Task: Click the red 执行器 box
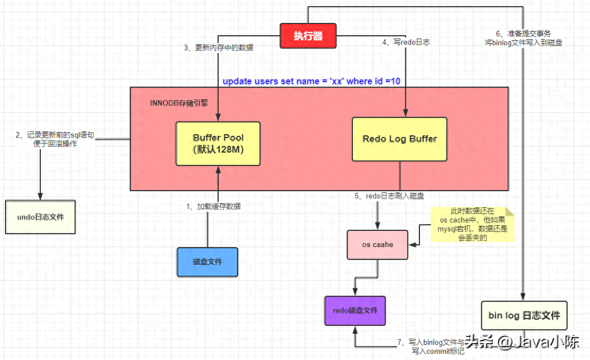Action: click(x=309, y=36)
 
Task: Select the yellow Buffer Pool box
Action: click(x=218, y=143)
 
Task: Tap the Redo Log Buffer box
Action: click(x=399, y=139)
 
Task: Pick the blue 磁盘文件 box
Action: click(x=207, y=262)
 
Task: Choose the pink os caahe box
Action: click(x=377, y=244)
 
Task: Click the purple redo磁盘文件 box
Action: click(x=355, y=310)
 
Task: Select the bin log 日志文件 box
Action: click(x=524, y=316)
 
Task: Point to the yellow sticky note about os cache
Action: click(x=473, y=225)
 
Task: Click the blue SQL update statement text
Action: click(x=311, y=81)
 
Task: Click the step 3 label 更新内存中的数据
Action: click(x=219, y=48)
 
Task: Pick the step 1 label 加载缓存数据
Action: click(x=214, y=206)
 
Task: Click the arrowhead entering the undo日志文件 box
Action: click(x=40, y=196)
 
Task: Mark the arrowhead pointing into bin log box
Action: click(x=523, y=297)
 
